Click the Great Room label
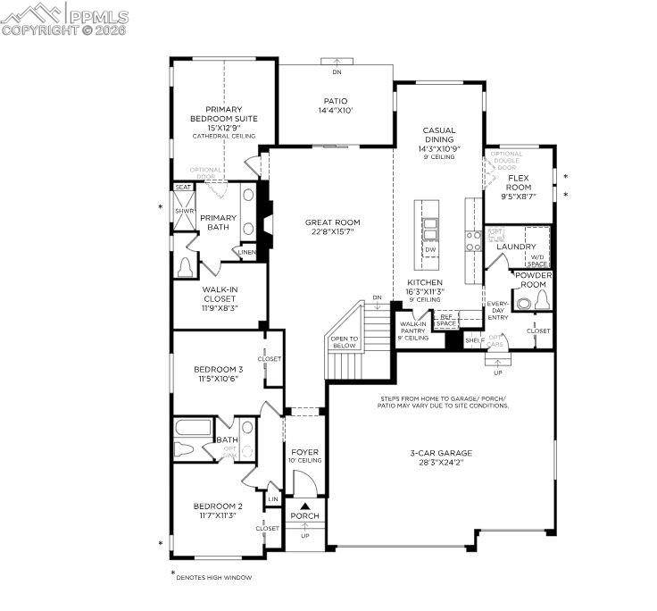pyautogui.click(x=332, y=222)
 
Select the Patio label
pyautogui.click(x=336, y=101)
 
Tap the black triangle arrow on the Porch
pyautogui.click(x=304, y=506)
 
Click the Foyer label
pyautogui.click(x=304, y=452)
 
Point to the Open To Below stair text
pyautogui.click(x=344, y=342)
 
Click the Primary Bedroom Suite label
pyautogui.click(x=224, y=113)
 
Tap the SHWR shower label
pyautogui.click(x=184, y=211)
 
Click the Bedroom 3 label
pyautogui.click(x=219, y=369)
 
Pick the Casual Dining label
pyautogui.click(x=439, y=135)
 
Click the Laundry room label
pyautogui.click(x=516, y=247)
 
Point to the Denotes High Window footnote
pyautogui.click(x=213, y=578)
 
